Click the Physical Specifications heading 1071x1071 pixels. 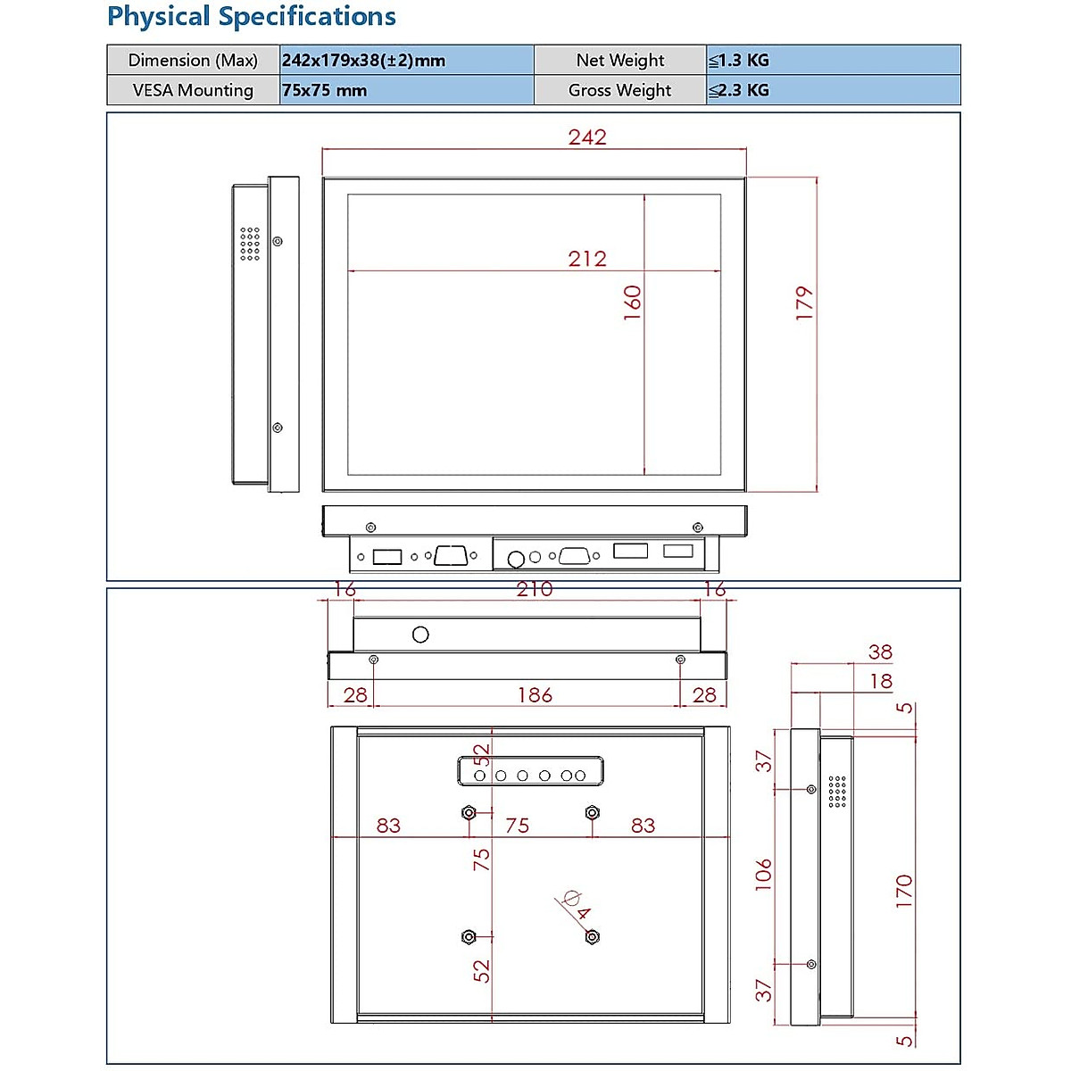click(x=251, y=16)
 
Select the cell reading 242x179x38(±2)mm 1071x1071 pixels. click(x=406, y=60)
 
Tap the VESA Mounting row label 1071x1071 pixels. click(x=193, y=90)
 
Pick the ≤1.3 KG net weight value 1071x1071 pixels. click(x=833, y=60)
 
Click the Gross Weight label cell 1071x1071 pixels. click(x=619, y=90)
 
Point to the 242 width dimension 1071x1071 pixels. click(x=587, y=137)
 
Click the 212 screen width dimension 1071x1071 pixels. click(x=587, y=259)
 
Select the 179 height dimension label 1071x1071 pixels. click(x=804, y=303)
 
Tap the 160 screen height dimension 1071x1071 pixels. click(x=633, y=303)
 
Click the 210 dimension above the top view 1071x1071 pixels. click(x=535, y=589)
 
